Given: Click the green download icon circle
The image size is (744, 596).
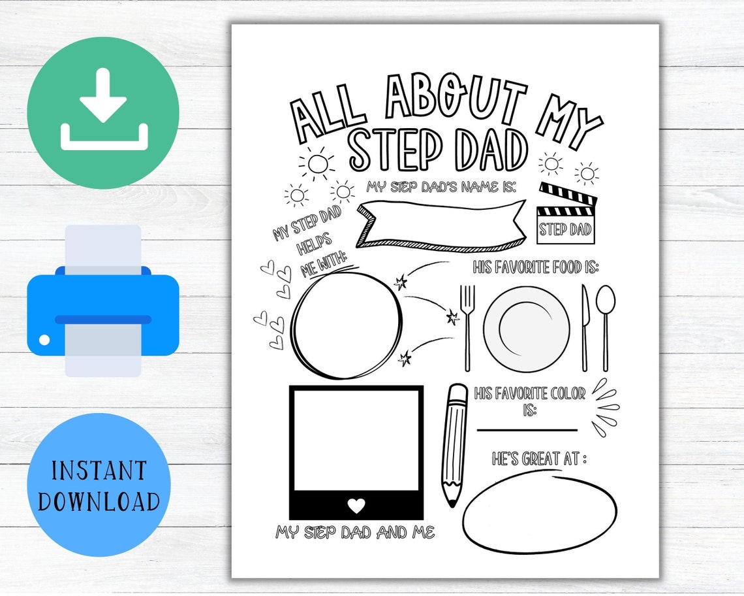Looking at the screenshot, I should tap(103, 113).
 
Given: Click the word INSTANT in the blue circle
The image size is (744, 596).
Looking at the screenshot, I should tap(99, 471).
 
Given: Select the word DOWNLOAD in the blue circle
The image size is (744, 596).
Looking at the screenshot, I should tap(99, 501).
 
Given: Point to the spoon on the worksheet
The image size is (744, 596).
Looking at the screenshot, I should tap(606, 327).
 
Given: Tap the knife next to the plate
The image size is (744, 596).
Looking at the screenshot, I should tap(585, 327).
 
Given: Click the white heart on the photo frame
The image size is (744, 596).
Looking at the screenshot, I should tap(356, 505).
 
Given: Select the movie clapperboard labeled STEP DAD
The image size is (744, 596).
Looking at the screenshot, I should tap(566, 214).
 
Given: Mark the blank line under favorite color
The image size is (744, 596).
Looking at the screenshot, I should tap(527, 430).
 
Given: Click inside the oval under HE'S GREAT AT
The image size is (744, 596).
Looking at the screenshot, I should tap(539, 515).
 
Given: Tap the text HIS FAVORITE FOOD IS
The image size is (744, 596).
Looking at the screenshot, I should tap(536, 267).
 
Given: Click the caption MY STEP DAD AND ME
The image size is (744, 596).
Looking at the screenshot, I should tap(355, 533).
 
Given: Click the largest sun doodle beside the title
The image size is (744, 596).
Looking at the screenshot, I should tap(317, 163).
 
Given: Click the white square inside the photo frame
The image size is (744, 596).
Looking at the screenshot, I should tap(356, 440).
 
